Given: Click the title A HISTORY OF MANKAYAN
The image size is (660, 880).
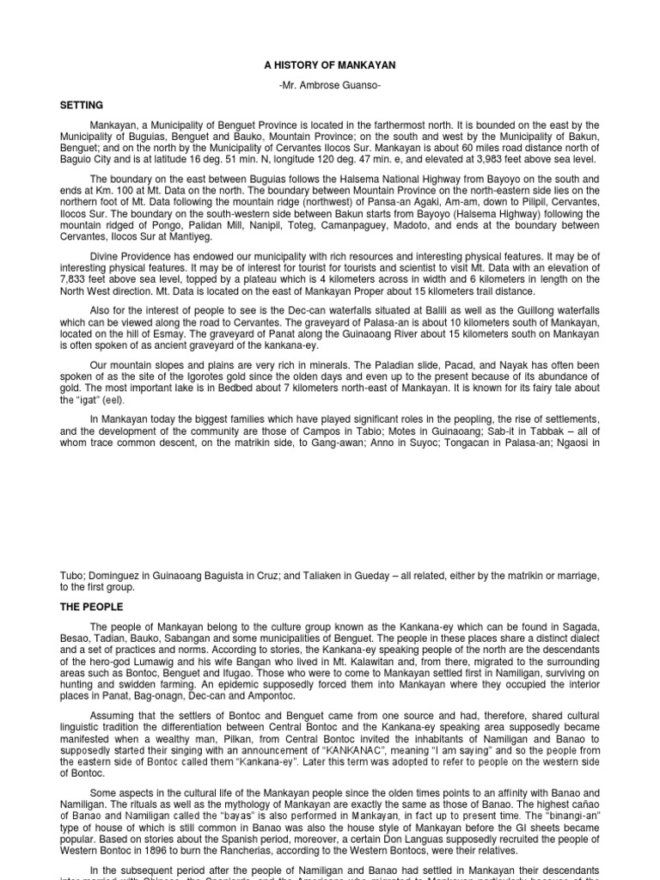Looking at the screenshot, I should pos(330,65).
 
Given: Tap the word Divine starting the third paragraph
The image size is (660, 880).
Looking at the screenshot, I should pos(107,255).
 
